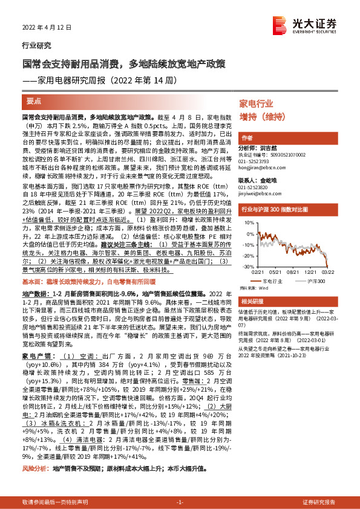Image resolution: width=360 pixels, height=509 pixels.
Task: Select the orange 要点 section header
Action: pyautogui.click(x=34, y=101)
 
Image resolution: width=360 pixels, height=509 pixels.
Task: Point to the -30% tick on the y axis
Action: pyautogui.click(x=248, y=266)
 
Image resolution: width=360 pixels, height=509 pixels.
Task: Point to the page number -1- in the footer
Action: pyautogui.click(x=179, y=502)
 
